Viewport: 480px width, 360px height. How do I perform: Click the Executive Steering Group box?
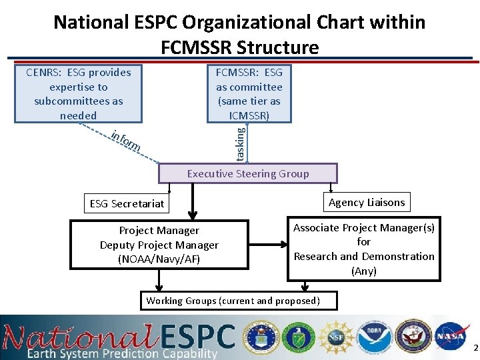pos(248,173)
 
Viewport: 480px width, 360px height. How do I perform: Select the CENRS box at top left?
pos(79,94)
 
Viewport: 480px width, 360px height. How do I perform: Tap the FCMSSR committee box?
pos(249,94)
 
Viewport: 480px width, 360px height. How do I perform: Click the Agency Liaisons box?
pos(366,202)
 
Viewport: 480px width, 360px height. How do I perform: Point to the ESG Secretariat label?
pos(127,204)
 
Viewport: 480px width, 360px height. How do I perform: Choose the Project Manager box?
pos(159,245)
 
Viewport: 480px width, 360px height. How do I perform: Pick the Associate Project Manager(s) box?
pos(364,249)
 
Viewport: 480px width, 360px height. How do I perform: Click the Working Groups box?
pos(233,301)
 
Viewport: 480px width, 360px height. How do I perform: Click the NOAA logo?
pos(374,337)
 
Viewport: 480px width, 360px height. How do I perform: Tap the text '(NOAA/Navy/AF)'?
pos(159,259)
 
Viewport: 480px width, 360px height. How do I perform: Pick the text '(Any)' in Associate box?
pos(364,271)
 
